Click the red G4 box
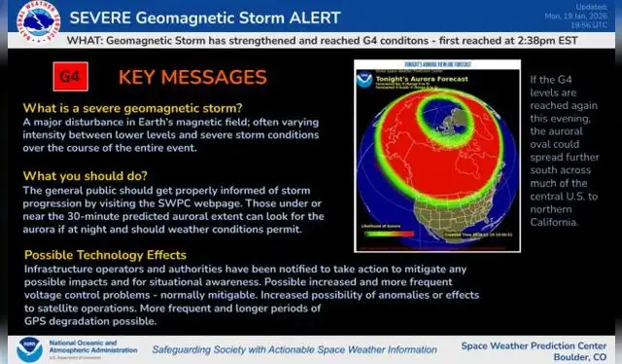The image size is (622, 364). pos(69,76)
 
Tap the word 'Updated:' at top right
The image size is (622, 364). pos(595,7)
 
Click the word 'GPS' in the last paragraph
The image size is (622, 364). pos(35,320)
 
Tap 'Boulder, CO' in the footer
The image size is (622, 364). pos(576,355)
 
